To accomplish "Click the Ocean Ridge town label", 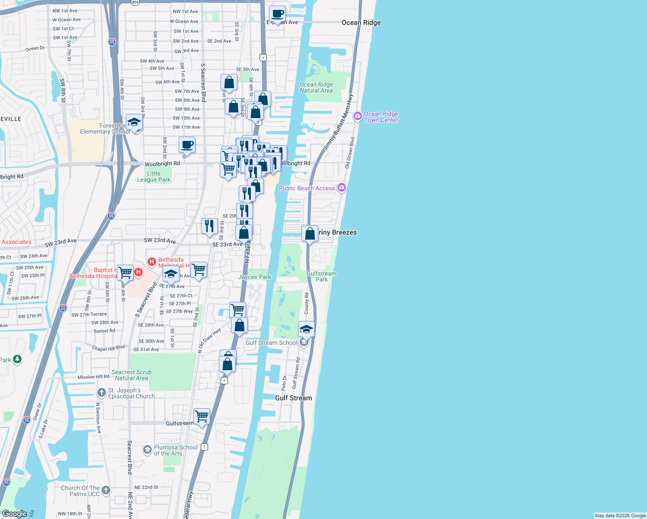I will (x=361, y=22).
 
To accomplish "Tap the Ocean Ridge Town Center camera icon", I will (x=358, y=116).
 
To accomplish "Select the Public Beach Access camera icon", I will (x=342, y=187).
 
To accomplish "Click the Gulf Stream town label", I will (x=293, y=398).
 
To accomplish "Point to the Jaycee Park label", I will (x=255, y=277).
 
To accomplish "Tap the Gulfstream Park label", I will (x=321, y=276).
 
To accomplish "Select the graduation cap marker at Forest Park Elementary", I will (x=134, y=122).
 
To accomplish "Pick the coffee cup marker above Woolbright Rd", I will (x=187, y=145).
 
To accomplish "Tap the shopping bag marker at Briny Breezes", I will (x=310, y=234).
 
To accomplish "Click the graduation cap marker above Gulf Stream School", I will (x=306, y=330).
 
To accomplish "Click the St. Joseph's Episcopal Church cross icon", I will (x=101, y=393).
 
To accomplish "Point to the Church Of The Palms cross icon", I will (x=106, y=490).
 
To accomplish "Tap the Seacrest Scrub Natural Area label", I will (x=131, y=375).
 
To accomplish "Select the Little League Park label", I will (x=154, y=176).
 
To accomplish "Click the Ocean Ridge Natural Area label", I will (x=316, y=87).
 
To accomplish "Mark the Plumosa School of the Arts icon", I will (x=147, y=450).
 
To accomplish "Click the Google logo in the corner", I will (x=14, y=514).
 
